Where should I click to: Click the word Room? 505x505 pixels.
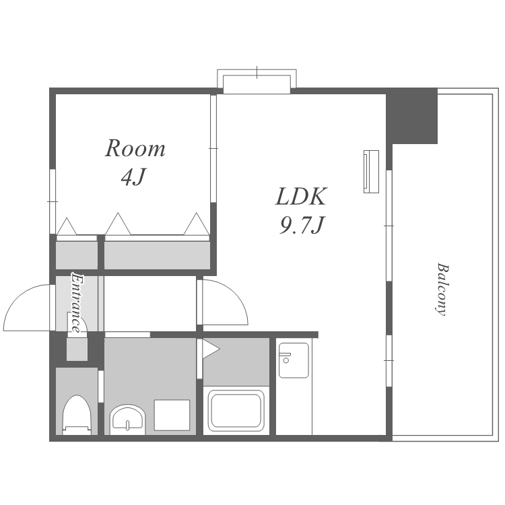[135, 149]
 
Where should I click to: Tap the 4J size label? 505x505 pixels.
[134, 177]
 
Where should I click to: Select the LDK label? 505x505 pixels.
[301, 197]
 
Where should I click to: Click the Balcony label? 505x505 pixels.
[442, 290]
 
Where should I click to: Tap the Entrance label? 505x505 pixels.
[77, 303]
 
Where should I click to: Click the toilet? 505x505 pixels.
[77, 415]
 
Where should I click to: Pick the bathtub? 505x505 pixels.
[236, 411]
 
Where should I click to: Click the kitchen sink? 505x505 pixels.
[294, 360]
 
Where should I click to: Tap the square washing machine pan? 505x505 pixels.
[172, 415]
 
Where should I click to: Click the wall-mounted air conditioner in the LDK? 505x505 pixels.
[371, 172]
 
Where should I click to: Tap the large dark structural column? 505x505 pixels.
[412, 116]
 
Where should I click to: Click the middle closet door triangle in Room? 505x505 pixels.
[118, 224]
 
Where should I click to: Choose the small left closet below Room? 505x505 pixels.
[77, 255]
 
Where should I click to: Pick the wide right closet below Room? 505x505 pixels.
[157, 255]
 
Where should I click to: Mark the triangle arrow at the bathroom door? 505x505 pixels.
[210, 349]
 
